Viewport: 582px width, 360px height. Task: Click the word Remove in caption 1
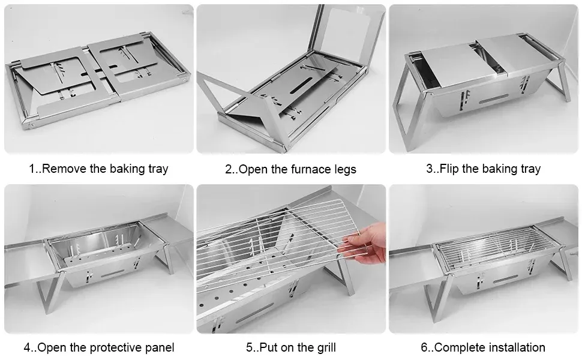pos(65,169)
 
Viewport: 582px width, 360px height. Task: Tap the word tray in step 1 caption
pos(158,170)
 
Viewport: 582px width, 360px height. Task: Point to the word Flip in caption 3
pos(449,169)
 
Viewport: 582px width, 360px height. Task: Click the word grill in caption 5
pos(327,348)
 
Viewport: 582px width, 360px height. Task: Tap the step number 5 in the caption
pos(249,348)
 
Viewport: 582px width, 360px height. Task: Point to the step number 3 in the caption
pos(430,169)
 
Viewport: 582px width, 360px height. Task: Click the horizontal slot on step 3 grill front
pos(494,99)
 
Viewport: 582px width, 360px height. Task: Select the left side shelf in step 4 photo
pos(26,263)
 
